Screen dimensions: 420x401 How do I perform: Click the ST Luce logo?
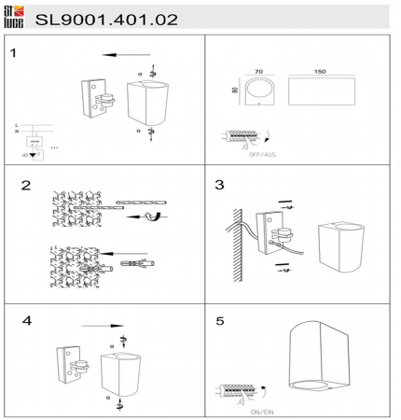click(15, 16)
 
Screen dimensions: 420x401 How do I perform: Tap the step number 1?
click(14, 52)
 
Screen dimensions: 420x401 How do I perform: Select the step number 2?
click(28, 185)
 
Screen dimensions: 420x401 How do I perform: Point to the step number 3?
click(219, 185)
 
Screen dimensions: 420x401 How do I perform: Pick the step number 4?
click(27, 320)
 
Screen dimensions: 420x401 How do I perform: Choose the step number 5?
click(219, 320)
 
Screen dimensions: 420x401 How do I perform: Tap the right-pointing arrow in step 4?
click(101, 327)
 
